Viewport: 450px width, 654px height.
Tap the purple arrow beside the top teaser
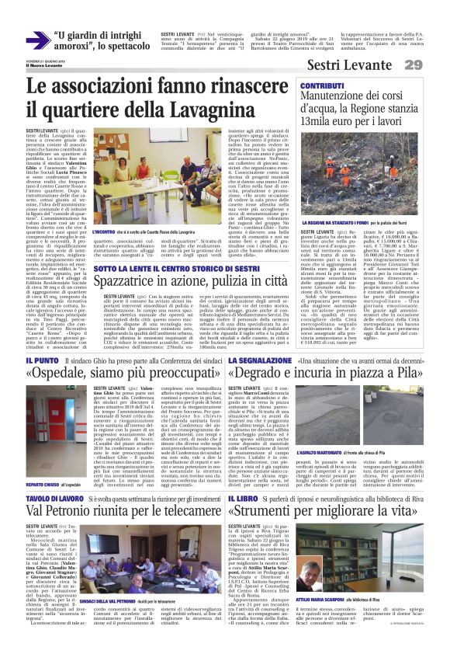coord(36,40)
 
